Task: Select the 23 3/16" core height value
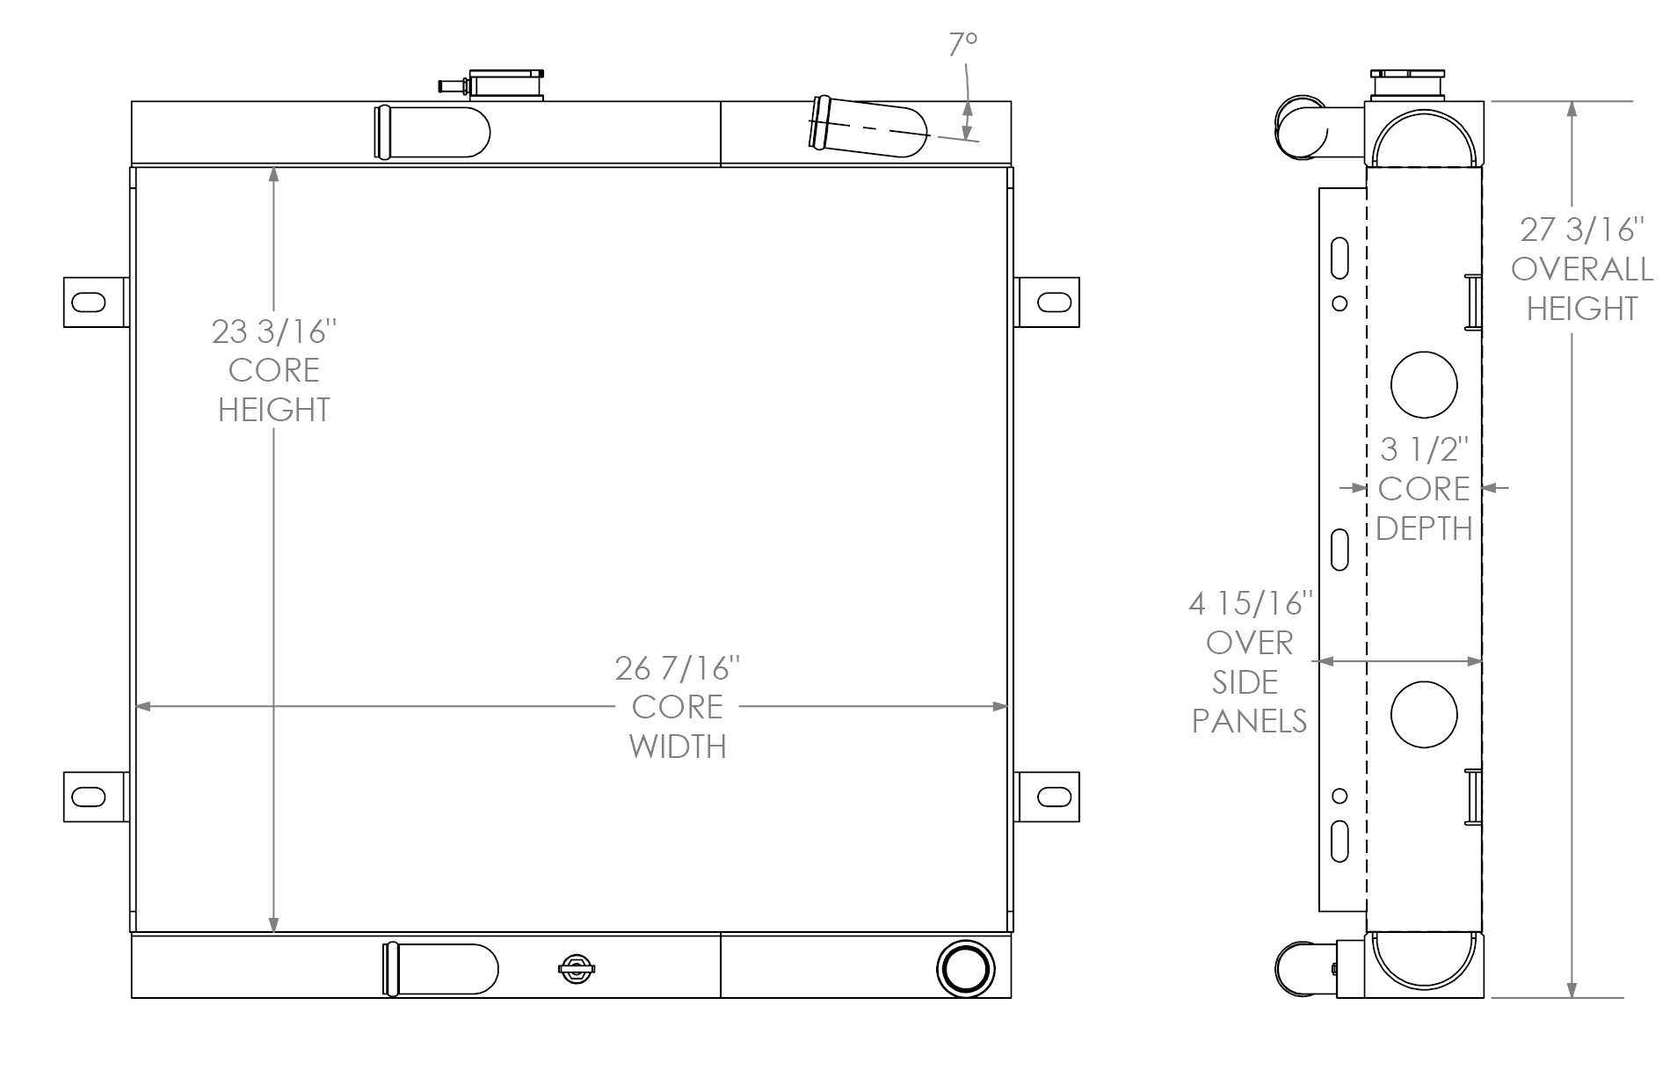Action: pos(273,332)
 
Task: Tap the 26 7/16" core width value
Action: pos(677,669)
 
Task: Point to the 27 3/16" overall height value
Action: pos(1581,229)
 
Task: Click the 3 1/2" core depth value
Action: pos(1424,449)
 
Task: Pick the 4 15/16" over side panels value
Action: pos(1250,603)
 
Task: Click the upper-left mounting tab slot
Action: pos(88,302)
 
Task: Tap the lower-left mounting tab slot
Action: pos(88,798)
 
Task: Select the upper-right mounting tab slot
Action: pos(1054,302)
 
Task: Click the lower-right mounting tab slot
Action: pos(1054,798)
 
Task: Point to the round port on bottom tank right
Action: pos(966,968)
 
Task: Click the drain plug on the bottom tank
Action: pos(576,969)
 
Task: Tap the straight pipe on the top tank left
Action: pos(431,132)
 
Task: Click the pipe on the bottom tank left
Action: pos(439,969)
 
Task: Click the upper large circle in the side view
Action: pos(1424,384)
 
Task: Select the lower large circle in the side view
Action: pos(1424,714)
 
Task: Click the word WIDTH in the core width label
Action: pos(677,747)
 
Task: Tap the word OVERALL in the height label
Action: pos(1581,269)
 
